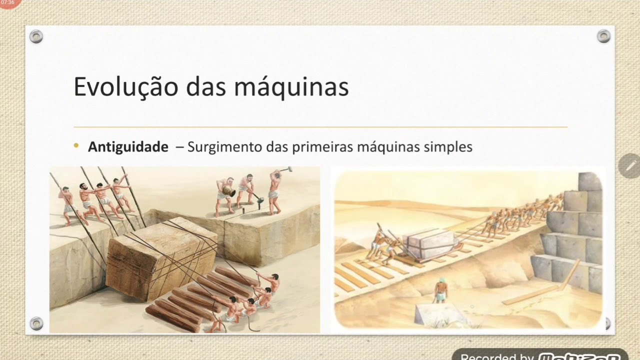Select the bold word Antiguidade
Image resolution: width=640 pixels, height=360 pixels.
point(128,147)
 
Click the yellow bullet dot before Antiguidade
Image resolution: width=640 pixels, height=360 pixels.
point(76,146)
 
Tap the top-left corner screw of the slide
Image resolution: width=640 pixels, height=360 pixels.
point(36,36)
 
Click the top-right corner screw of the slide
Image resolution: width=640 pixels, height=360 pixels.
point(603,36)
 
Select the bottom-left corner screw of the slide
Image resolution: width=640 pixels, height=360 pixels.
point(36,323)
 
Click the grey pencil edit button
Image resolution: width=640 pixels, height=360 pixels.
point(629,166)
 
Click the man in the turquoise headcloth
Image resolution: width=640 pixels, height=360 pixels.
point(440,290)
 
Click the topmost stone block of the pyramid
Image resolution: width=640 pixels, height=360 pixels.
point(590,181)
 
